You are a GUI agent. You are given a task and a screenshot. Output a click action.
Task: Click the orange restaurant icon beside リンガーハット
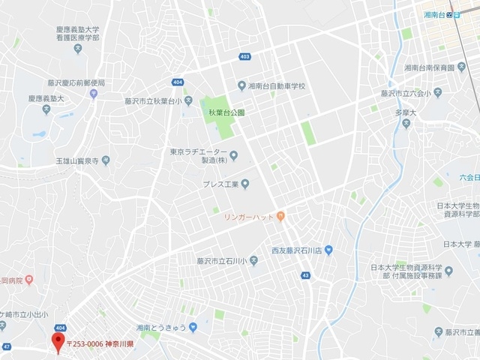point(280,217)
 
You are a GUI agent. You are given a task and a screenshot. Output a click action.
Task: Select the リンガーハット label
point(248,217)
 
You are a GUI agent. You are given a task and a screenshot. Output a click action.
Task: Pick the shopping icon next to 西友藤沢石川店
point(328,248)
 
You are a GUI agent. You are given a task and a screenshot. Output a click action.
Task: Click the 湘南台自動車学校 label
point(276,85)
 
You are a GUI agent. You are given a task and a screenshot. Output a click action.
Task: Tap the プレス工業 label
point(220,184)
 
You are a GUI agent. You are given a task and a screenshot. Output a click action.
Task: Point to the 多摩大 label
point(385,112)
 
